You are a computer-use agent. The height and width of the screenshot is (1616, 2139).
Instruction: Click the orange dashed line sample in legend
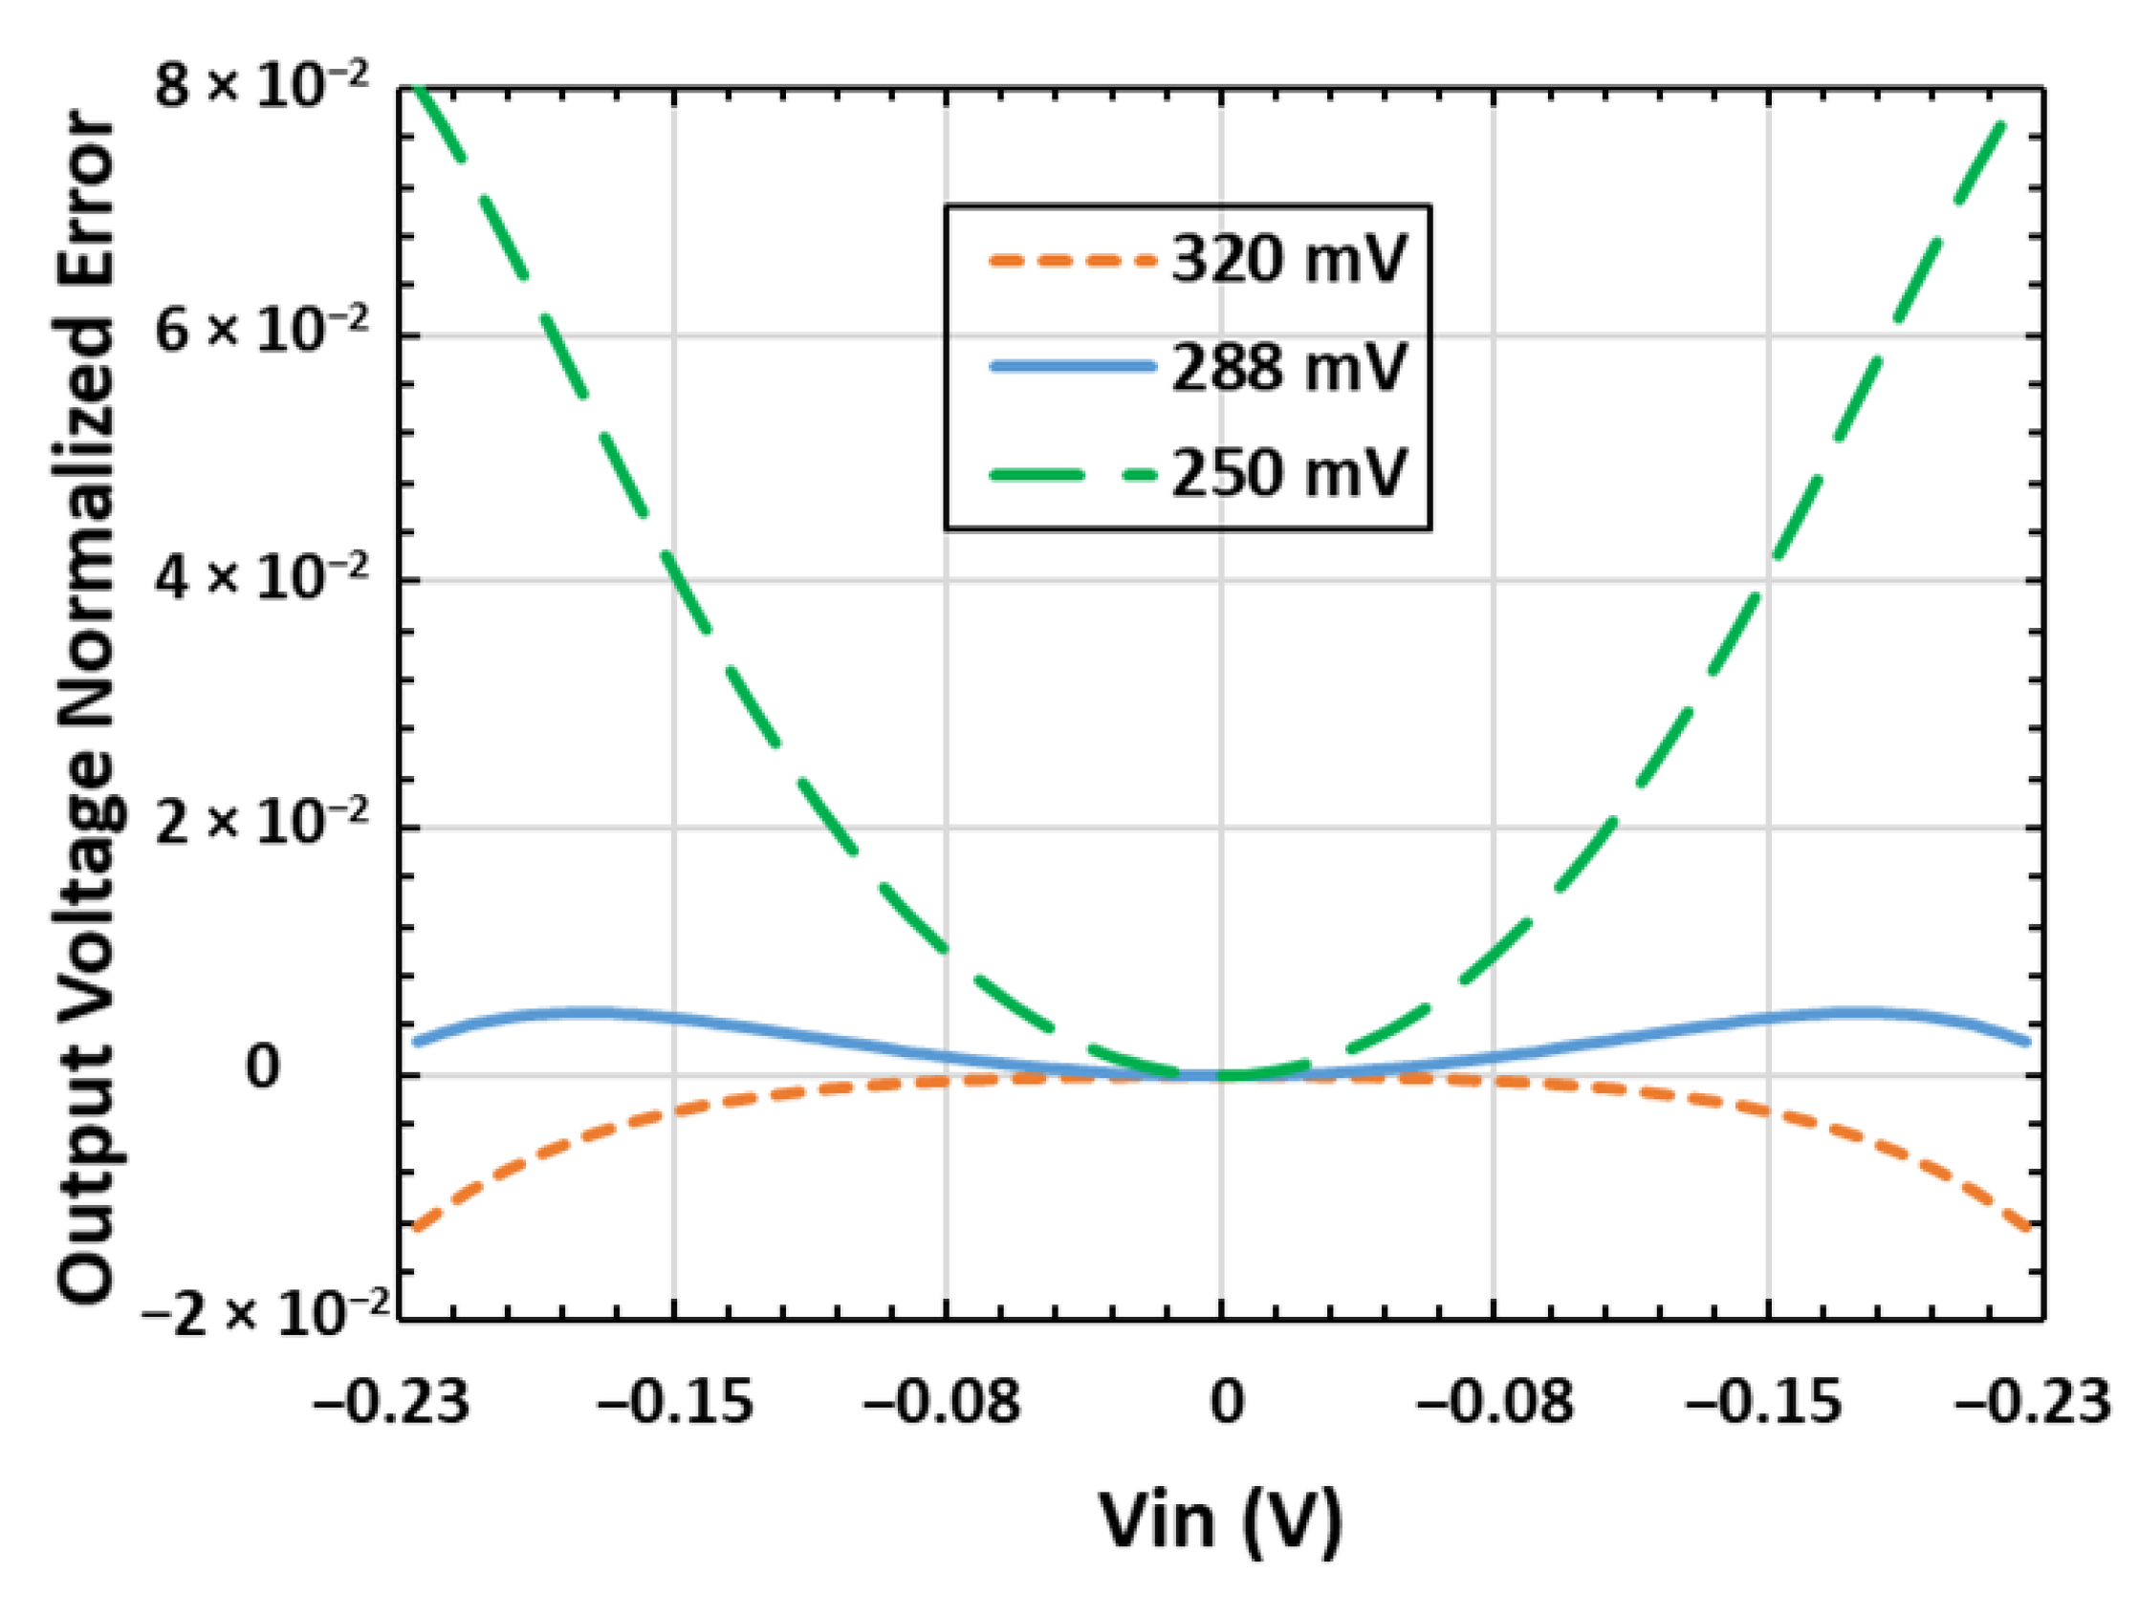1072,260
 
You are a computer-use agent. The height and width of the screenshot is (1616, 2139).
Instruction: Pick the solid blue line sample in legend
1072,365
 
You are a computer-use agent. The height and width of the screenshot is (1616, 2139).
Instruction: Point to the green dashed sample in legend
1072,474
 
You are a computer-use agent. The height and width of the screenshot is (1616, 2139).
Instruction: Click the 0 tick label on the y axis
262,1068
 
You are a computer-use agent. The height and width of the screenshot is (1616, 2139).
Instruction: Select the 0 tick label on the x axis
1226,1401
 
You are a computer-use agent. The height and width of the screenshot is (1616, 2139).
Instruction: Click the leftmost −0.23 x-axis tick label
391,1401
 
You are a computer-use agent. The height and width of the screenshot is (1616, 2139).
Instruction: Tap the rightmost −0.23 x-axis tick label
2031,1401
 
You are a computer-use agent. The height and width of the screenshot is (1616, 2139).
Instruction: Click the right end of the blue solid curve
2027,1042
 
